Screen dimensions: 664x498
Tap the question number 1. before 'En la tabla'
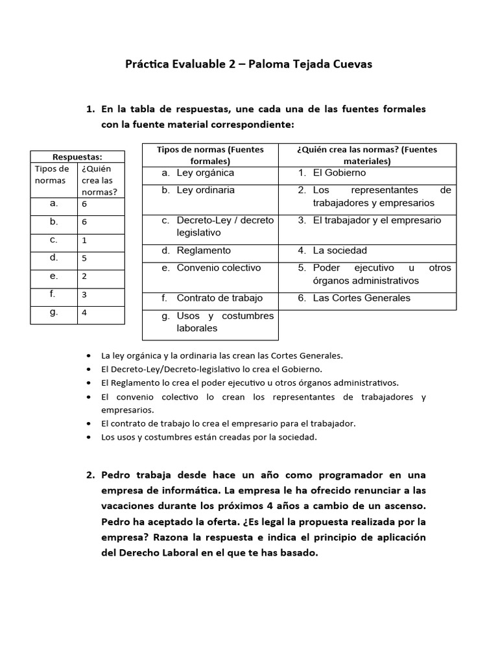coord(91,109)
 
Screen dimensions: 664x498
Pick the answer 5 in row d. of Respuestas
coord(84,258)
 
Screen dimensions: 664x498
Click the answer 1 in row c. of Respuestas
coord(84,240)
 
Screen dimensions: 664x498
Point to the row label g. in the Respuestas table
coord(54,312)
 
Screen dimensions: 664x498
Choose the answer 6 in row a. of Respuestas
coord(84,204)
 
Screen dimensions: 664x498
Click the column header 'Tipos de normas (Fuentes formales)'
coord(210,155)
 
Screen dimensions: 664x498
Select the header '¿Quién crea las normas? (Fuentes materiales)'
coord(367,155)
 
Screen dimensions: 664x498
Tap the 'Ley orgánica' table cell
coord(205,173)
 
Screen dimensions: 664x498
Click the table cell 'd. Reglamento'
coord(203,250)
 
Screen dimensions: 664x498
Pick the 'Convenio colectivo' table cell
coord(209,268)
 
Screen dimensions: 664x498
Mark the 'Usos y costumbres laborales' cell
coord(224,322)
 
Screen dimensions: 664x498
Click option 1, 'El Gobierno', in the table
coord(338,173)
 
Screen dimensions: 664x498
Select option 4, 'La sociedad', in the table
coord(339,250)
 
